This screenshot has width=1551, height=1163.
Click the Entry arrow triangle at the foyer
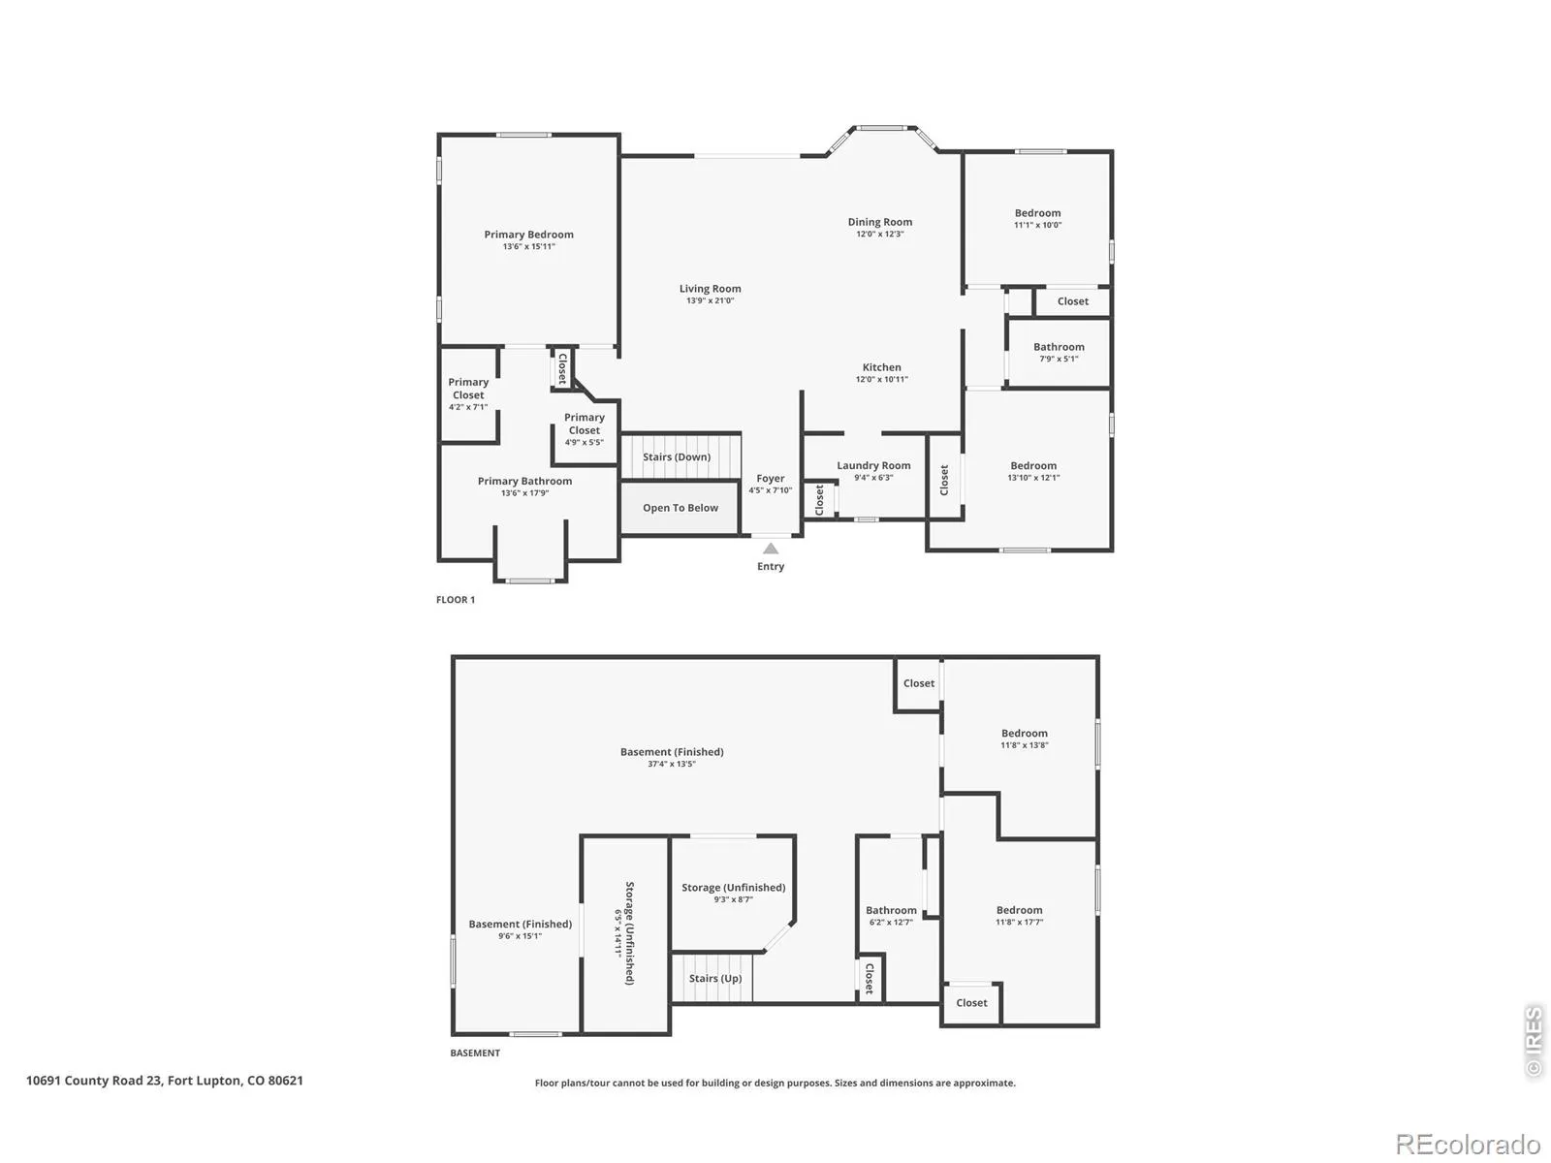coord(771,548)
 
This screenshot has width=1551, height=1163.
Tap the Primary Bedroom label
coord(528,235)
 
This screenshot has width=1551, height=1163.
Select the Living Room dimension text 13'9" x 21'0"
coord(711,300)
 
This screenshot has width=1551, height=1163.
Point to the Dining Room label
coord(880,222)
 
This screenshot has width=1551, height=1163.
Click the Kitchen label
coord(881,367)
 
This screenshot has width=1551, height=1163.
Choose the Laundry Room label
coord(873,465)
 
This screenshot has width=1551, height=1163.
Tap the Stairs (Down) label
coord(677,456)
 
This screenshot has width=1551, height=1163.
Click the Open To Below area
coord(680,508)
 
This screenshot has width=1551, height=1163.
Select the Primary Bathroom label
coord(524,481)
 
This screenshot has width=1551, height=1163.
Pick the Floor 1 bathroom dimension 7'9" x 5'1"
coord(1059,359)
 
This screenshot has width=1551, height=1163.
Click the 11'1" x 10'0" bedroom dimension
coord(1037,225)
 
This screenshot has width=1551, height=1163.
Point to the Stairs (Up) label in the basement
coord(715,978)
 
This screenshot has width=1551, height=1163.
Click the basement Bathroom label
coord(891,910)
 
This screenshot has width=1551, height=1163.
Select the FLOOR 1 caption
coord(455,600)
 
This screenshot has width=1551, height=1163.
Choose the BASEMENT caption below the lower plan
coord(475,1053)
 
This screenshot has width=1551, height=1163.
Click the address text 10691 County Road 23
coord(94,1081)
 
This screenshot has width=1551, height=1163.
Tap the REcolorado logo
coord(1469,1144)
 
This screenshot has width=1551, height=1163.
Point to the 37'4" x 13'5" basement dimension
coord(671,764)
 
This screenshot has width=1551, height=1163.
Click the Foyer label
coord(771,478)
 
